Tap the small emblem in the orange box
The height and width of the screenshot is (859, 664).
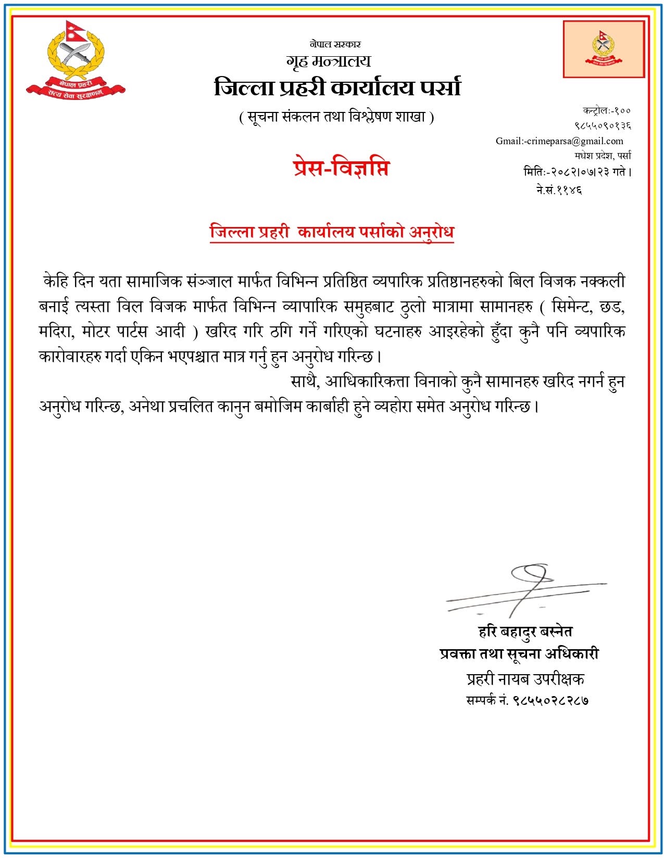pyautogui.click(x=603, y=49)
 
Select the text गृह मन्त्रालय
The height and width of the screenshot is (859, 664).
pyautogui.click(x=328, y=62)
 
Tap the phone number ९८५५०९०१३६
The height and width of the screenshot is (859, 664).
pyautogui.click(x=603, y=126)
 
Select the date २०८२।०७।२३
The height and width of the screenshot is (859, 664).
pyautogui.click(x=579, y=172)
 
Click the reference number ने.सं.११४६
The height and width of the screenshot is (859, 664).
pyautogui.click(x=559, y=190)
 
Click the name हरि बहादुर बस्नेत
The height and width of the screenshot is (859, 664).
pyautogui.click(x=525, y=631)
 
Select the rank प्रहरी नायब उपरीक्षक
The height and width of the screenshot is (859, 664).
pyautogui.click(x=525, y=679)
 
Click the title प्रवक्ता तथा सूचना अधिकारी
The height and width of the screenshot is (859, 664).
pyautogui.click(x=519, y=654)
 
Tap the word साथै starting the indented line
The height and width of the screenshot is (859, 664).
pyautogui.click(x=304, y=382)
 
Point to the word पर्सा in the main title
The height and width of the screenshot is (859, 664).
pyautogui.click(x=440, y=88)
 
